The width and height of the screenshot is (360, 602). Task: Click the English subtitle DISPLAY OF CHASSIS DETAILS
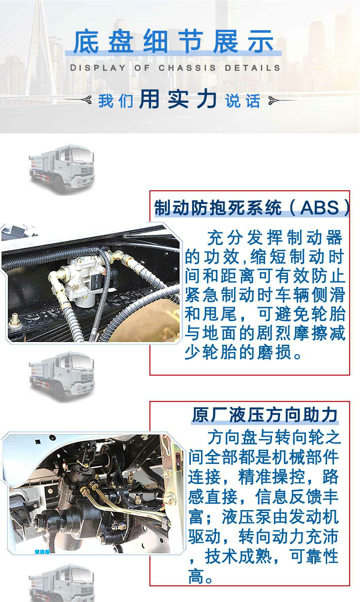pos(175,68)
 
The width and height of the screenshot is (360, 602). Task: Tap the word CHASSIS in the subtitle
pos(187,68)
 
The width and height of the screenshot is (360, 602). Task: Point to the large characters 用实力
pos(178,100)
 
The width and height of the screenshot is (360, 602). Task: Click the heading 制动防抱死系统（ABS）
pos(252,207)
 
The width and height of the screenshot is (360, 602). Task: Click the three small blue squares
pos(42,552)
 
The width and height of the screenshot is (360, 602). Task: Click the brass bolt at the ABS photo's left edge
pos(15,320)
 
